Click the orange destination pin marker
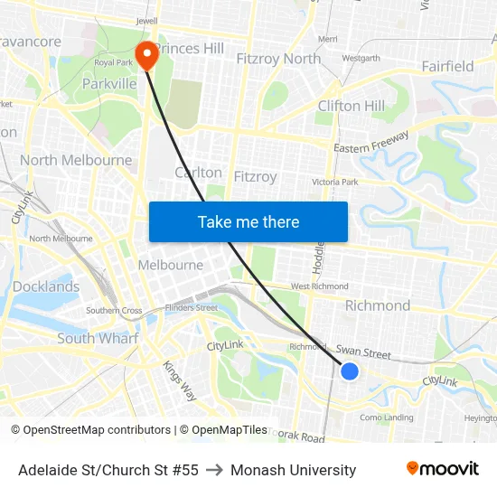pyautogui.click(x=145, y=55)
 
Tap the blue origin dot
pyautogui.click(x=350, y=371)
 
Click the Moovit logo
pyautogui.click(x=443, y=469)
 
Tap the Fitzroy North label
pyautogui.click(x=278, y=59)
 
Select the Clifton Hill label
pyautogui.click(x=351, y=106)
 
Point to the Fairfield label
pyautogui.click(x=447, y=66)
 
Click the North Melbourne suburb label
pyautogui.click(x=76, y=160)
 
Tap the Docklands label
pyautogui.click(x=46, y=286)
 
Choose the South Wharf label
pyautogui.click(x=98, y=338)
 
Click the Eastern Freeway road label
pyautogui.click(x=371, y=142)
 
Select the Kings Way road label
pyautogui.click(x=179, y=380)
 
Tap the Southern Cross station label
pyautogui.click(x=114, y=311)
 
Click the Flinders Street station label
pyautogui.click(x=191, y=308)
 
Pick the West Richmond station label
pyautogui.click(x=319, y=286)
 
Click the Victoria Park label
pyautogui.click(x=335, y=182)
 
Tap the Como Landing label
pyautogui.click(x=387, y=417)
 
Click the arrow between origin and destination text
pyautogui.click(x=214, y=470)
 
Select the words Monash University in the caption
pyautogui.click(x=293, y=470)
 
